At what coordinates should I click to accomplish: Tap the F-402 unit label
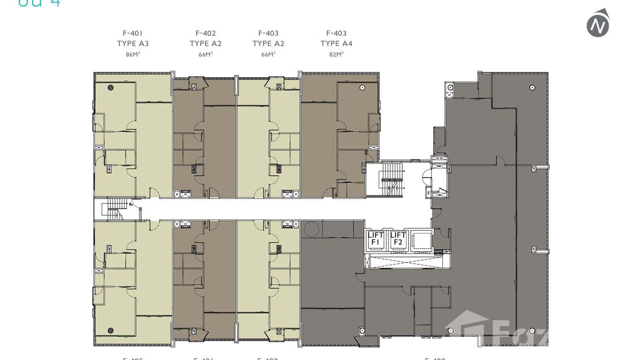(x=205, y=33)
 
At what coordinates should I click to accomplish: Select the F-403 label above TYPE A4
(x=336, y=33)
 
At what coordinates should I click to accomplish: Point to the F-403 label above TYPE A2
(x=268, y=33)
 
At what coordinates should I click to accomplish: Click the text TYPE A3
(x=133, y=43)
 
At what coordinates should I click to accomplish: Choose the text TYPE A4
(x=336, y=43)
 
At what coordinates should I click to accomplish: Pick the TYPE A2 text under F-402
(x=205, y=43)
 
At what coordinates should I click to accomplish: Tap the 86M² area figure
(x=133, y=54)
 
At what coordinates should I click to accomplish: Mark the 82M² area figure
(x=336, y=54)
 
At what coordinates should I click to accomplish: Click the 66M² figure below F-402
(x=205, y=54)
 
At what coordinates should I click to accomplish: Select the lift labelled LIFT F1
(x=376, y=239)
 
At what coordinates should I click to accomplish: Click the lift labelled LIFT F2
(x=398, y=239)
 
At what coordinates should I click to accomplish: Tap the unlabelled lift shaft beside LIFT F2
(x=420, y=239)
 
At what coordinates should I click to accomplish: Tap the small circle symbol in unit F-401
(x=111, y=87)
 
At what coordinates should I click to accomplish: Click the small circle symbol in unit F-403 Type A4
(x=363, y=87)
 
